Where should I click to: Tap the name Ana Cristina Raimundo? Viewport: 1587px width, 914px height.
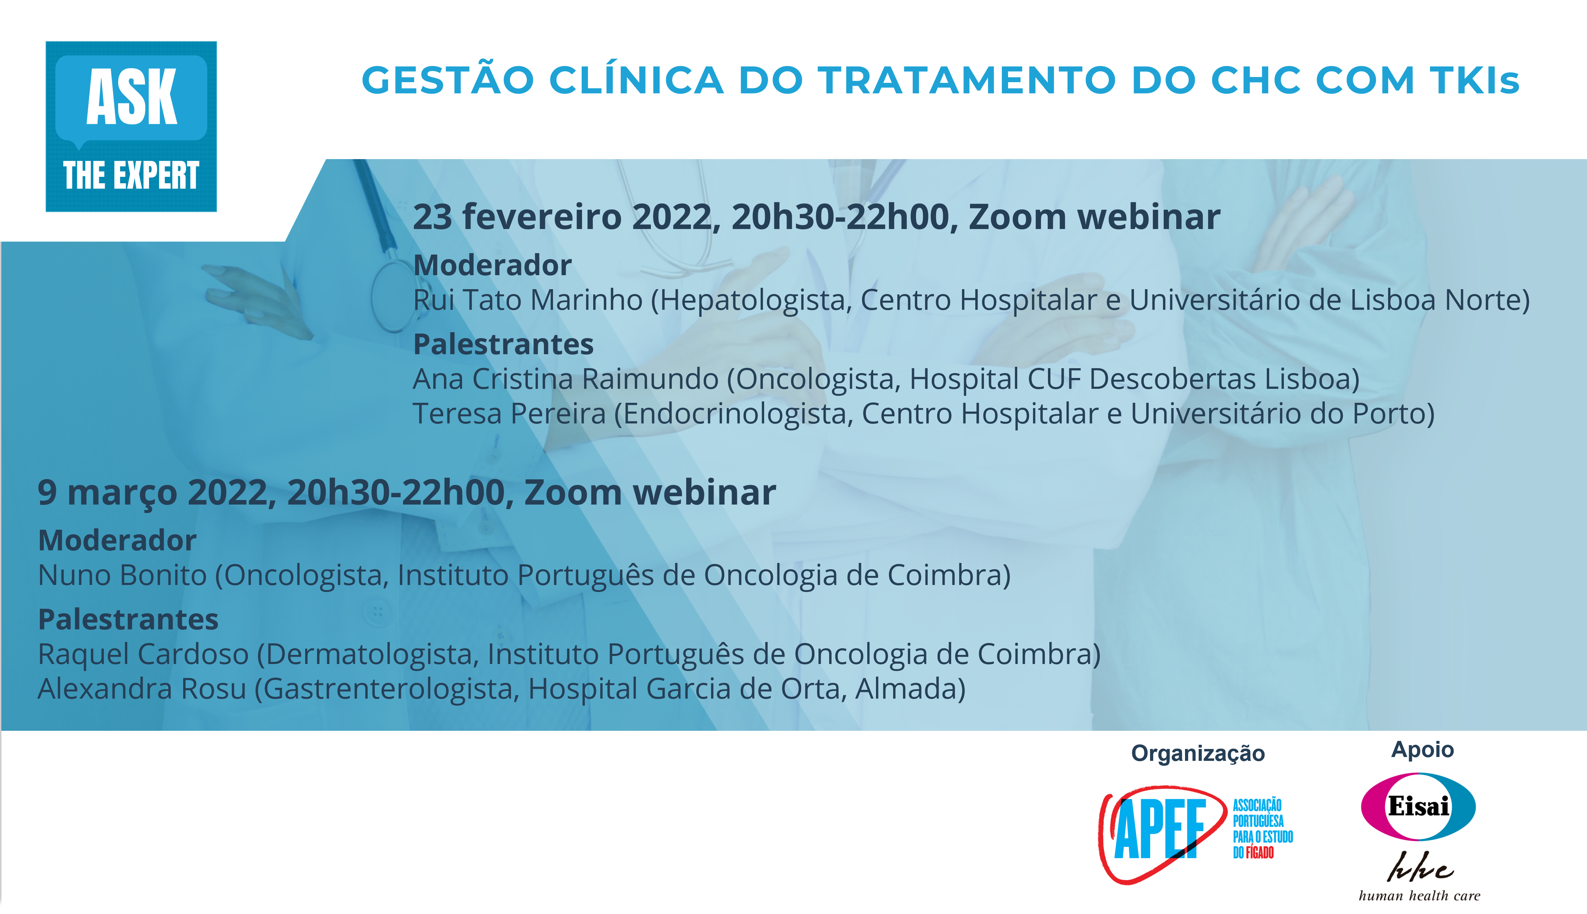click(565, 379)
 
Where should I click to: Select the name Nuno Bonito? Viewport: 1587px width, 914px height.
click(122, 575)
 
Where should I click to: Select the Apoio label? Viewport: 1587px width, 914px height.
click(1423, 750)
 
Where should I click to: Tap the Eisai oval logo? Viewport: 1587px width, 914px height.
click(1418, 807)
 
